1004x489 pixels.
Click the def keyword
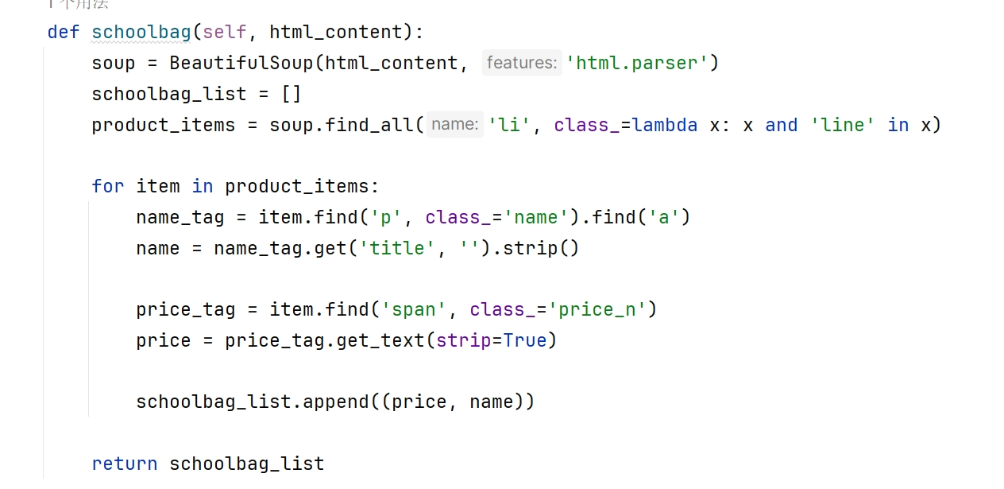64,32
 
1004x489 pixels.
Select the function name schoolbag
141,32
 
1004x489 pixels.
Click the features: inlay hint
521,63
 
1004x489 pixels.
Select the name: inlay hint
455,125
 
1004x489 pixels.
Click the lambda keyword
665,125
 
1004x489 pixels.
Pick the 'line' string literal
842,125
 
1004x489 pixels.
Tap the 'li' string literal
509,125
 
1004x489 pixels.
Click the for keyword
108,186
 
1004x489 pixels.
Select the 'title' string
398,248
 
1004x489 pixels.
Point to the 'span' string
420,309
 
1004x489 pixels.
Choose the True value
526,340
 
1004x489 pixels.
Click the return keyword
125,464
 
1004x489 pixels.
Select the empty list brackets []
292,94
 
